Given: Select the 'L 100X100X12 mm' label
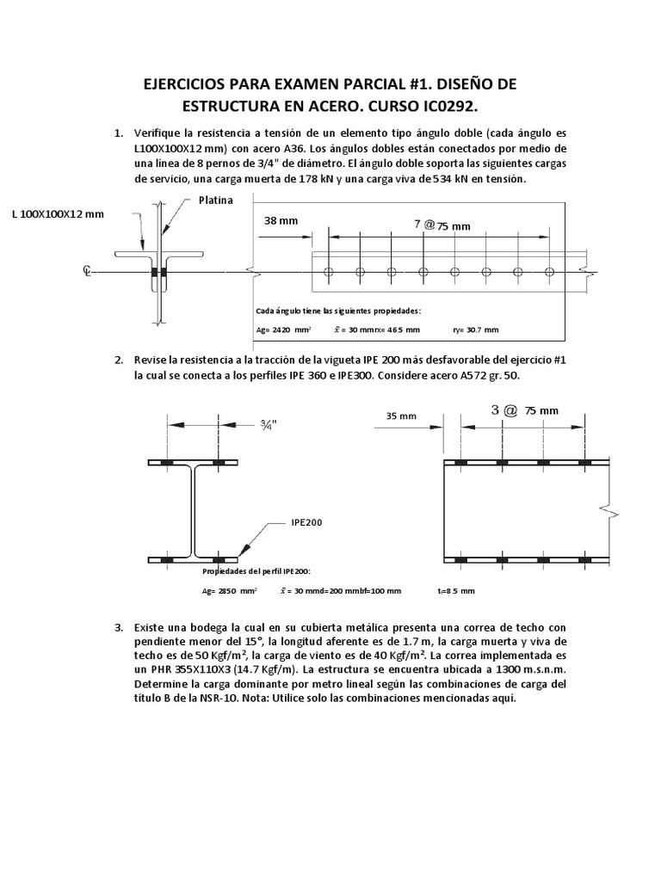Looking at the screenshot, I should click(58, 214).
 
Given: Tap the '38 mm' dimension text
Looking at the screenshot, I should click(281, 221).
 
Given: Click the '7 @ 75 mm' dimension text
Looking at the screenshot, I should click(442, 225).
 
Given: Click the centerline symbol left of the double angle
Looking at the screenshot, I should click(87, 271).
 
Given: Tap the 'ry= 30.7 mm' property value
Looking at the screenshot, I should click(474, 330).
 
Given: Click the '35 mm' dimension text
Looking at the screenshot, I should click(400, 416).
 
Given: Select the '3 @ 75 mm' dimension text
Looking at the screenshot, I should click(524, 411).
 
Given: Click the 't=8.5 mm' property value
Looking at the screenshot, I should click(455, 592).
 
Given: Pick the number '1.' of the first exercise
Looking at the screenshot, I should click(120, 133).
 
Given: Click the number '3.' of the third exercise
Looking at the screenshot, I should click(120, 629).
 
